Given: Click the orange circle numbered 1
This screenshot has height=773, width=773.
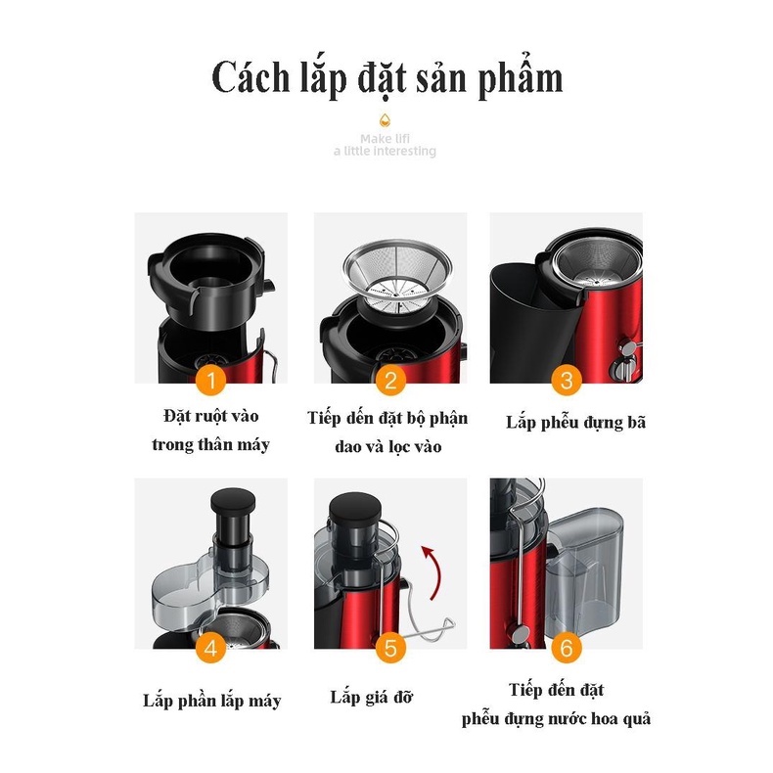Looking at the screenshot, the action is click(x=211, y=381).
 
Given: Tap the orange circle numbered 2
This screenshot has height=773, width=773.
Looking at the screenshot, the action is click(x=390, y=381).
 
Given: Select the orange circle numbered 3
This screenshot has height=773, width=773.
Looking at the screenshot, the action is click(x=567, y=381).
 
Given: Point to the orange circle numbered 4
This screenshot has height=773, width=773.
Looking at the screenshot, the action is click(x=211, y=649).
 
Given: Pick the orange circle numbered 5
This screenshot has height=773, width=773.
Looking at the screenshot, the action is click(x=390, y=649).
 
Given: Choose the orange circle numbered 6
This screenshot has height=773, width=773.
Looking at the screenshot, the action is click(x=567, y=649).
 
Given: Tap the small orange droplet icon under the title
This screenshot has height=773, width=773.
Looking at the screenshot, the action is click(x=385, y=119).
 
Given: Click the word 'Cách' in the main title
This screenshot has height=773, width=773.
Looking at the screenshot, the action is click(x=250, y=78).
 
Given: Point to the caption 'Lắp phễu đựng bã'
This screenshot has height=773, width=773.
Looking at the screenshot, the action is click(x=575, y=423).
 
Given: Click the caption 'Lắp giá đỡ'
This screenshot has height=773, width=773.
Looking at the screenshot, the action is click(x=371, y=697).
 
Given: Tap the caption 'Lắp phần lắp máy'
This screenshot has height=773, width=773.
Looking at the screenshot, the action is click(x=212, y=701).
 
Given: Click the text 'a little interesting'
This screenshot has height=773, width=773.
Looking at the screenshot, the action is click(x=385, y=151).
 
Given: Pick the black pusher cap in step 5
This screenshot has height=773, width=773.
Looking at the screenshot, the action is click(x=355, y=508).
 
